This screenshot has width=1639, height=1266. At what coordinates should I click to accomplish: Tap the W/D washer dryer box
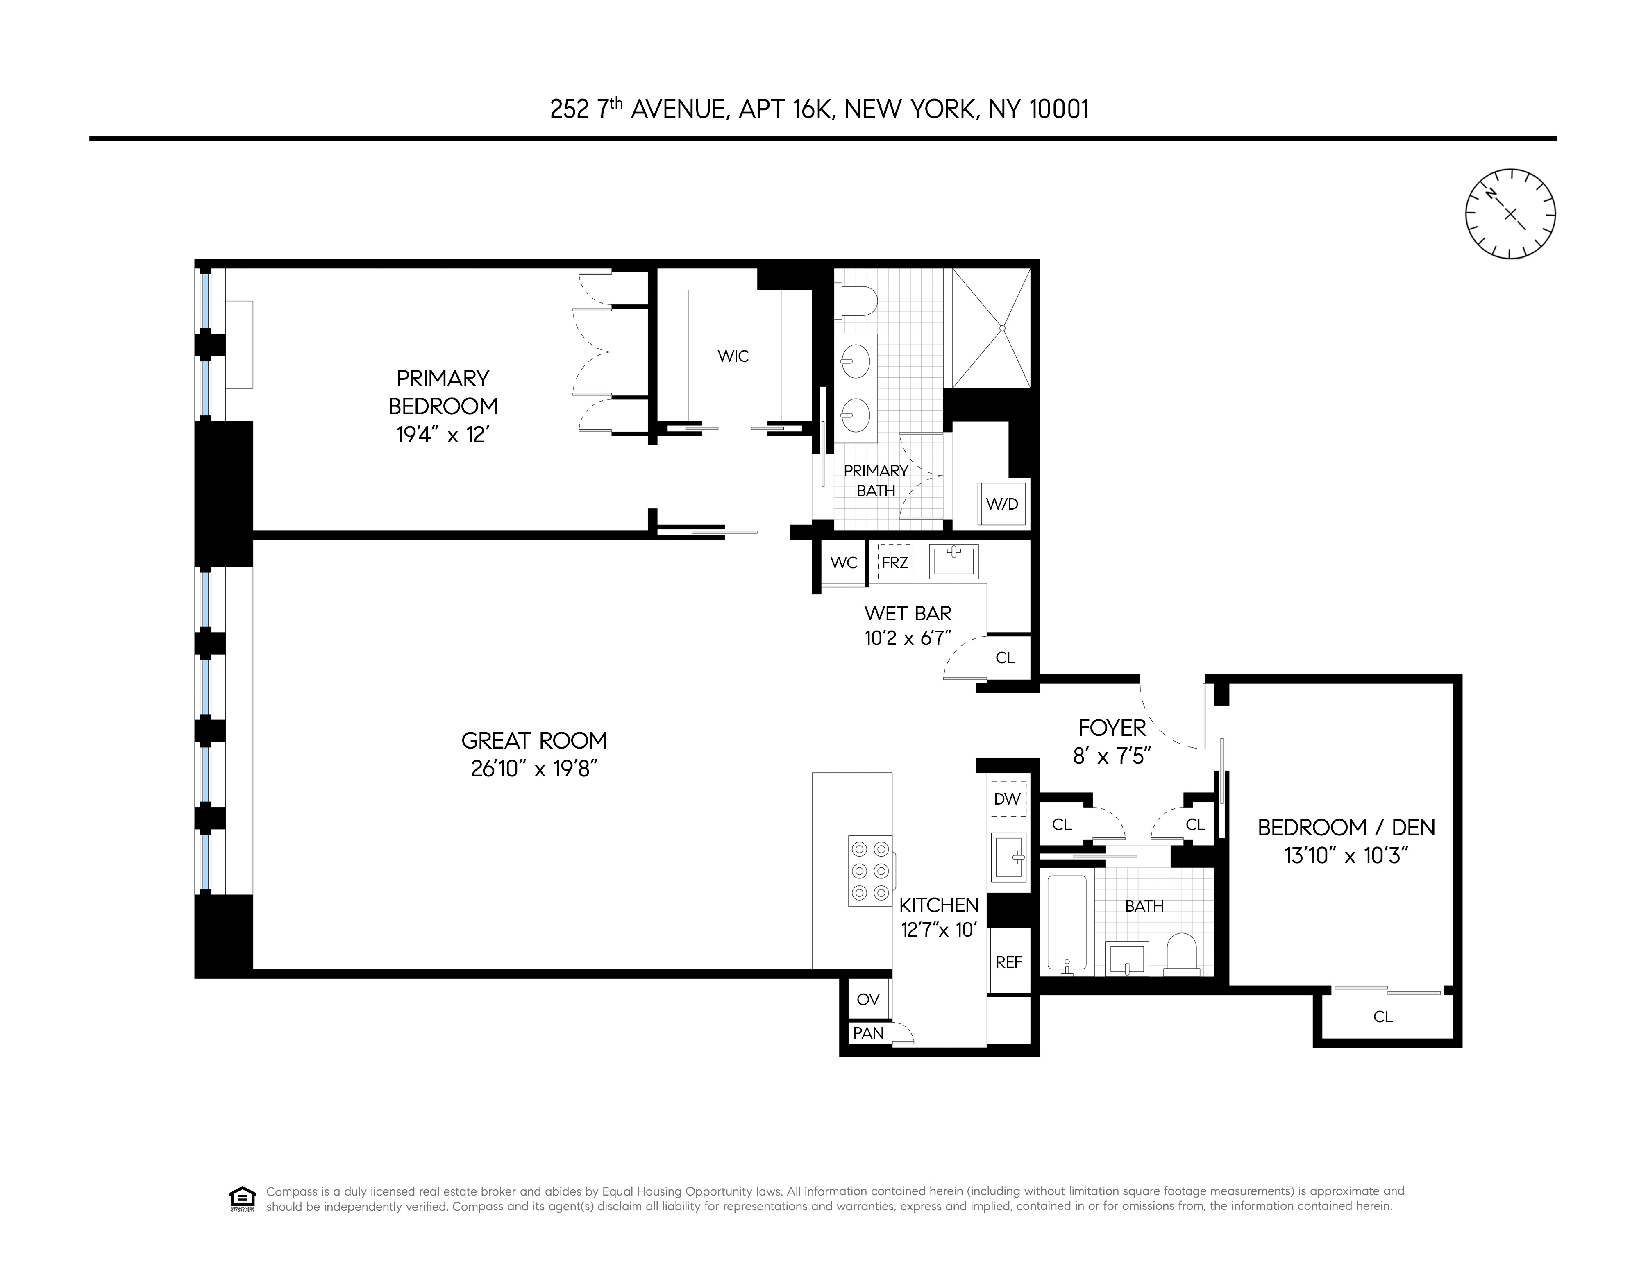(x=1002, y=504)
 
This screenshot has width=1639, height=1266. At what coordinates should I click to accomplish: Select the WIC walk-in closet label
(x=733, y=356)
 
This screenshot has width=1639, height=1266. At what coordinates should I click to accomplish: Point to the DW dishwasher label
(x=1007, y=799)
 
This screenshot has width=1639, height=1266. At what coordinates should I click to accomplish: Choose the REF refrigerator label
(x=1009, y=962)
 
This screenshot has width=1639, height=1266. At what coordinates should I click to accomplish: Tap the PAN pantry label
(x=868, y=1033)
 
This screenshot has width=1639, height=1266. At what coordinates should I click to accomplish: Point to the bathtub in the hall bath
(x=1067, y=923)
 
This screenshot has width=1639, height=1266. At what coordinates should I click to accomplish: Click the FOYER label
(x=1112, y=728)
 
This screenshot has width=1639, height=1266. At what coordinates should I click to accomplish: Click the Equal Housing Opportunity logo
(x=242, y=1198)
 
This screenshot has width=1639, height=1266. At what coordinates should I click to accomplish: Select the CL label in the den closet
(x=1383, y=1017)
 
